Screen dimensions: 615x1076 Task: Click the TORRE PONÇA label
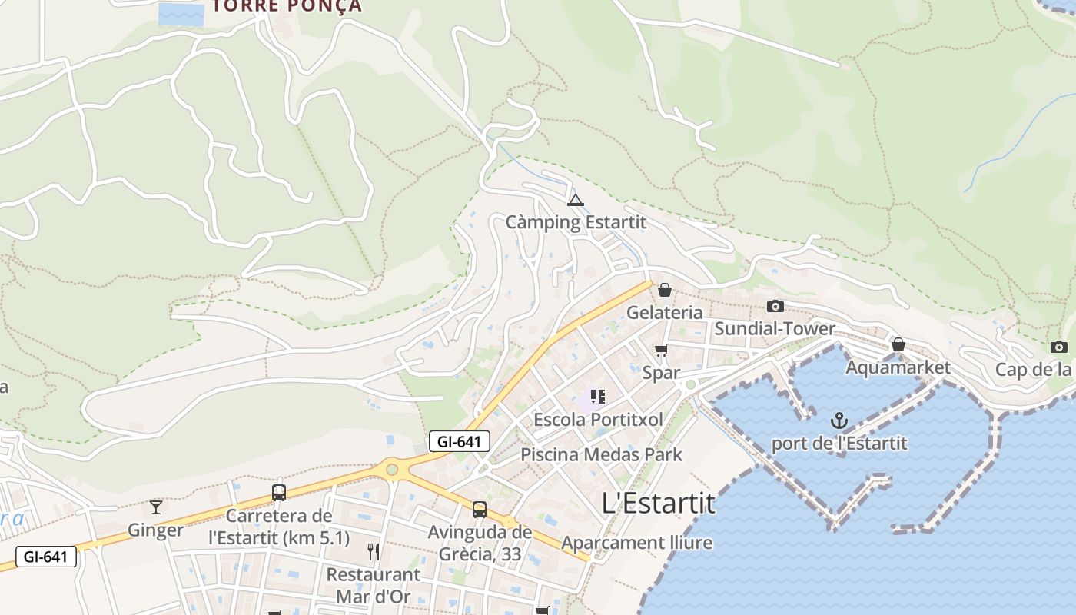pyautogui.click(x=287, y=6)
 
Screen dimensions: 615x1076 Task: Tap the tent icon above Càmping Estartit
pyautogui.click(x=575, y=201)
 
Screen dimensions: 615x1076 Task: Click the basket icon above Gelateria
pyautogui.click(x=665, y=290)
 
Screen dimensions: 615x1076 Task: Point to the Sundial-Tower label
pyautogui.click(x=774, y=329)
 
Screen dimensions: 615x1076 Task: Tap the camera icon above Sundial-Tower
pyautogui.click(x=775, y=307)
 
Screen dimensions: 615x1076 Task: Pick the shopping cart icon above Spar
pyautogui.click(x=661, y=351)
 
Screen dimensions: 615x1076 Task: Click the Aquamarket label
pyautogui.click(x=898, y=367)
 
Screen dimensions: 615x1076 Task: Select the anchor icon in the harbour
pyautogui.click(x=839, y=421)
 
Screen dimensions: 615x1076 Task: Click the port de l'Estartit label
pyautogui.click(x=839, y=444)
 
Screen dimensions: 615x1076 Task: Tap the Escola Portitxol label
pyautogui.click(x=598, y=420)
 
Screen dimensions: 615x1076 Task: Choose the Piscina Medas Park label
pyautogui.click(x=601, y=454)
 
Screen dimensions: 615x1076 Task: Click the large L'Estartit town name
pyautogui.click(x=658, y=504)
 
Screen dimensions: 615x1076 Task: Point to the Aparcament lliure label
pyautogui.click(x=636, y=543)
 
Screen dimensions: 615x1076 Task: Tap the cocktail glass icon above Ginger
pyautogui.click(x=156, y=507)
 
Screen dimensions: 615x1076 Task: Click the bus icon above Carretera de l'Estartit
pyautogui.click(x=279, y=493)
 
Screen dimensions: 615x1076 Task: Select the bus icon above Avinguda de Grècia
pyautogui.click(x=479, y=509)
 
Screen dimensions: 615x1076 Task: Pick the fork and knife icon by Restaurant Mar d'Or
pyautogui.click(x=374, y=551)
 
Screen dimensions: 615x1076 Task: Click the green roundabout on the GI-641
pyautogui.click(x=392, y=468)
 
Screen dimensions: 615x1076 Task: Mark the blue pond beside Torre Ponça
pyautogui.click(x=181, y=15)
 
